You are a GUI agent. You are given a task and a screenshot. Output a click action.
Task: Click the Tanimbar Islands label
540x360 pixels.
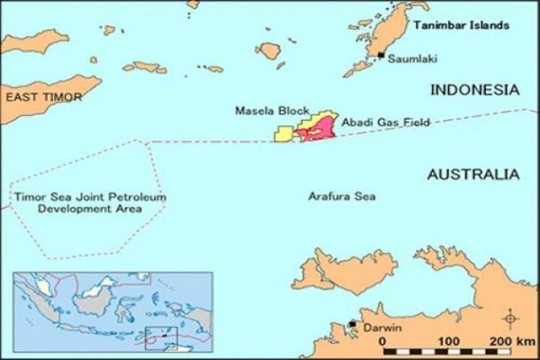coord(462,25)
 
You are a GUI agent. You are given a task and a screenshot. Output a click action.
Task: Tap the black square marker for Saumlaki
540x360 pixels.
coord(381,55)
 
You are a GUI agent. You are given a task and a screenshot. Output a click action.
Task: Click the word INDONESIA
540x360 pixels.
coord(475,89)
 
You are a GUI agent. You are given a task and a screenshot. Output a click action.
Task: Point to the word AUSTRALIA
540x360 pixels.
coord(473,175)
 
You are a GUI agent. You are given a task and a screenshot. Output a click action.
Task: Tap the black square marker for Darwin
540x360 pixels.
coord(353,325)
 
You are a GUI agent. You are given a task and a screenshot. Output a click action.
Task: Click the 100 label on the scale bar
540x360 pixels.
coord(447,341)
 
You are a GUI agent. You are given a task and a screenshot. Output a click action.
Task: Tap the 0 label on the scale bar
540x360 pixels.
coord(382,341)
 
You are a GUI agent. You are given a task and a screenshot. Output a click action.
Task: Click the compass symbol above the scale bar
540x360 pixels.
coord(510,319)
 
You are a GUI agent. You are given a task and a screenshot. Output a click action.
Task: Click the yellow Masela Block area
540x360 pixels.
coord(284,134)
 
